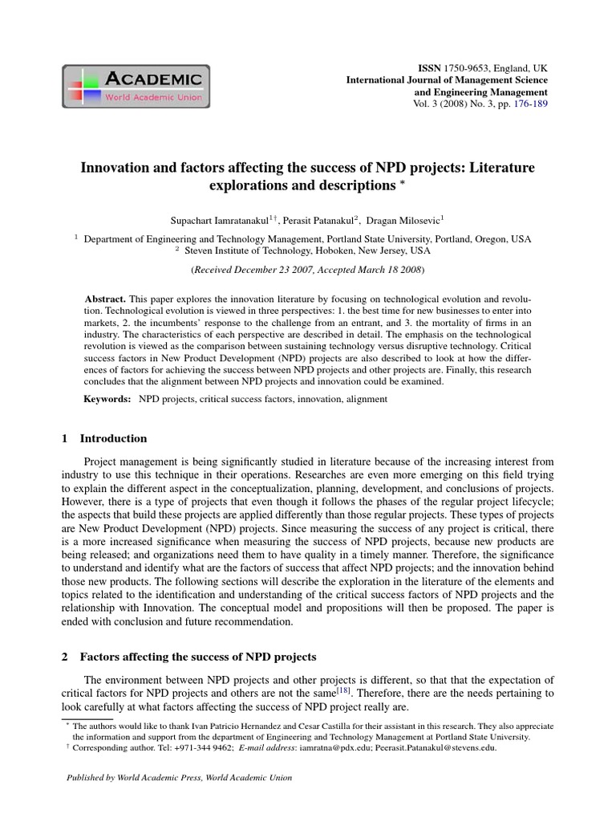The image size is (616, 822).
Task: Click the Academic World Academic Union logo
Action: click(x=136, y=87)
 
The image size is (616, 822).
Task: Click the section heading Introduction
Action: click(x=113, y=438)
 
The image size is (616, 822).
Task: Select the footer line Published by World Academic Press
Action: click(x=180, y=778)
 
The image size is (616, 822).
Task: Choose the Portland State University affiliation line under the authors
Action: click(x=307, y=238)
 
